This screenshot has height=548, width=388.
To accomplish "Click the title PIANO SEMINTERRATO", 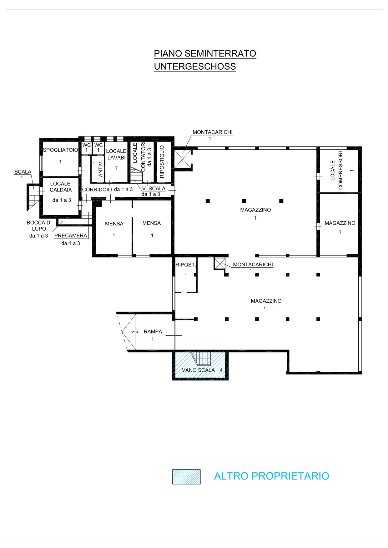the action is tap(205, 54).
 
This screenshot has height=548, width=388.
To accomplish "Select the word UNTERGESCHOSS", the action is tap(195, 67).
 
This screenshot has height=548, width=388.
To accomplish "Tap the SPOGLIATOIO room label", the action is tap(60, 150).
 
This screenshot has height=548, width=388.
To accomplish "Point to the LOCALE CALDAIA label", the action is tap(61, 187).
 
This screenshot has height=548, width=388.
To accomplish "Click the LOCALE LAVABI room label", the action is tap(116, 155).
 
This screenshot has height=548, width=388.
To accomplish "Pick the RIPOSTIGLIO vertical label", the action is tap(162, 162).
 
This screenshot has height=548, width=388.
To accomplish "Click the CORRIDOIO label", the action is tap(97, 190).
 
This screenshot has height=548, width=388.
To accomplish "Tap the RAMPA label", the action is tap(153, 332).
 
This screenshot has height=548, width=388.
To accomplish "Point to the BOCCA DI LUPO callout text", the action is tap(39, 226).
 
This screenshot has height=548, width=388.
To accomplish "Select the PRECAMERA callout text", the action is tap(71, 236).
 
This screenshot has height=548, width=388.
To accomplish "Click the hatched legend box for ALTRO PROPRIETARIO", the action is tap(186, 477).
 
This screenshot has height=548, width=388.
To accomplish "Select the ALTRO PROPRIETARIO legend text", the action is tap(271, 476).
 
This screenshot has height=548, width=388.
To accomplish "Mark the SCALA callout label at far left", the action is tap(23, 172).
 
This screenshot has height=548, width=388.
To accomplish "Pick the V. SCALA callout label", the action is tap(154, 189).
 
